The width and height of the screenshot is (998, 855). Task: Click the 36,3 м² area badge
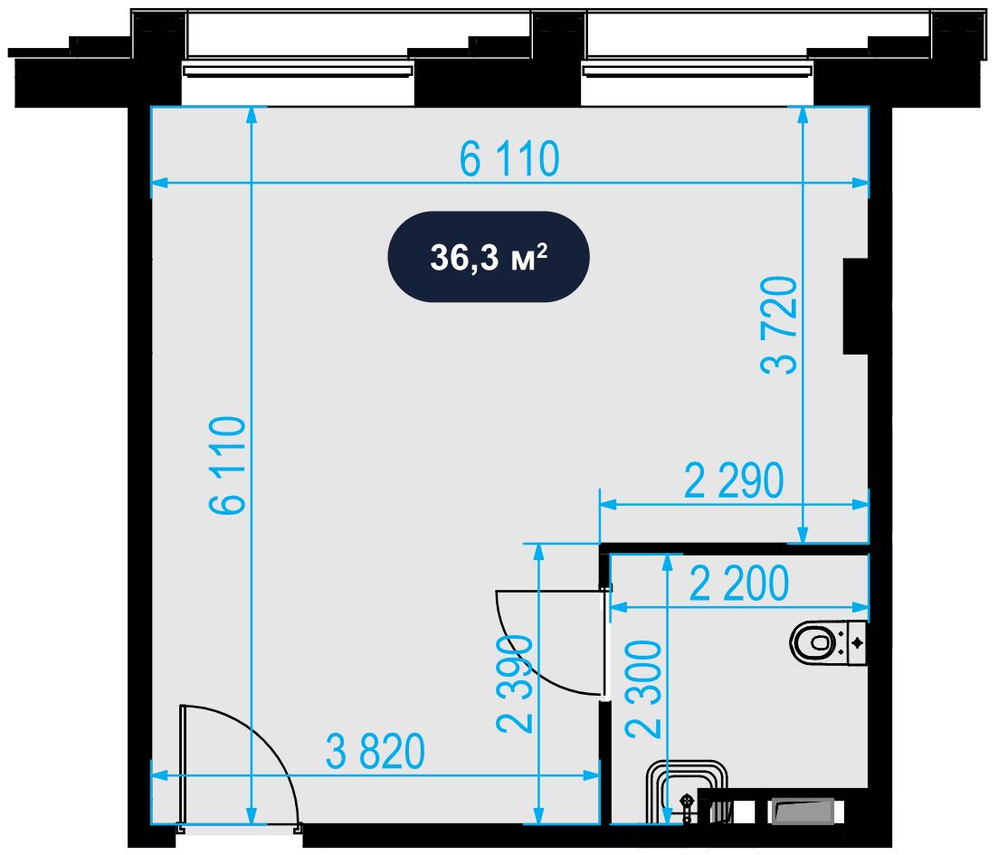489,257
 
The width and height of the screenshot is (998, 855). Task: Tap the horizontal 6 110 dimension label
509,159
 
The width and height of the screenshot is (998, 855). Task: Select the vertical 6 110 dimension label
228,465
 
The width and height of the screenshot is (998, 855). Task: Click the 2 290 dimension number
734,481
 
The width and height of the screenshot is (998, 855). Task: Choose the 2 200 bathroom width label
739,584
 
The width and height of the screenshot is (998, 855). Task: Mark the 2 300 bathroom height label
643,689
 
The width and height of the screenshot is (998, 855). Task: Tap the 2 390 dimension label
515,684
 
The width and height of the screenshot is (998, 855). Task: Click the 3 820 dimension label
375,752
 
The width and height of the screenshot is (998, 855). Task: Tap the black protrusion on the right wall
856,306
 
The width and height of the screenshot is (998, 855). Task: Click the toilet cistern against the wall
858,643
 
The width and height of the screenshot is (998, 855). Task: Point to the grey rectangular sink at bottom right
803,812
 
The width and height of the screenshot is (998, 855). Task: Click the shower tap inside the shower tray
688,806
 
